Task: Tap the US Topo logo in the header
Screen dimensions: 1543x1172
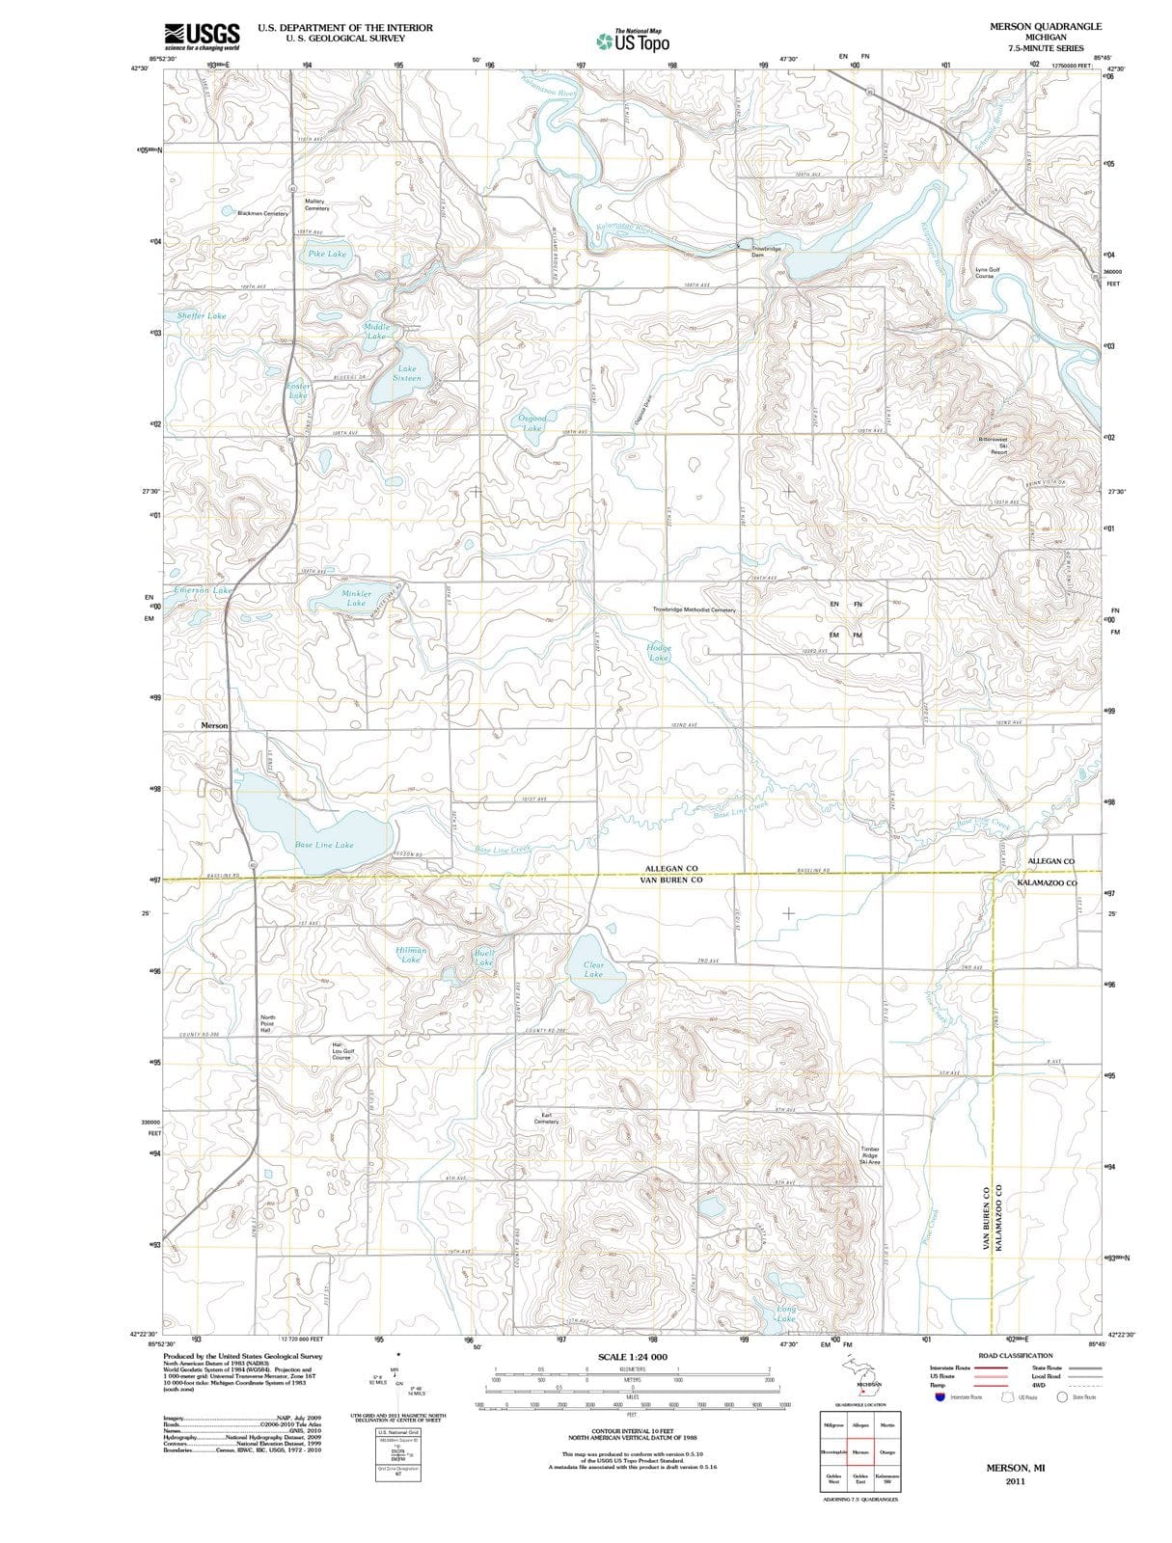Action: coord(633,41)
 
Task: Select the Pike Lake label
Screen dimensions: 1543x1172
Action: coord(327,255)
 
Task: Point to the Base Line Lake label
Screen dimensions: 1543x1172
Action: coord(324,845)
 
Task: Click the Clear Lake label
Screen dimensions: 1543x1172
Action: coord(594,969)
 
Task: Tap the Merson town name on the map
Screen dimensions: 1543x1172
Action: coord(214,725)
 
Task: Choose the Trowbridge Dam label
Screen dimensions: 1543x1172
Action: coord(766,252)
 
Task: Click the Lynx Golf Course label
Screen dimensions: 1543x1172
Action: coord(988,273)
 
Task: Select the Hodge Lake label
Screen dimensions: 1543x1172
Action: coord(659,653)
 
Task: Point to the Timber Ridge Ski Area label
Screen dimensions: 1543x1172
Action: coord(870,1155)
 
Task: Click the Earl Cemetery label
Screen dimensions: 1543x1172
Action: coord(546,1119)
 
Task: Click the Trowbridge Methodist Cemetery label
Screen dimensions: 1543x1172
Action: coord(694,609)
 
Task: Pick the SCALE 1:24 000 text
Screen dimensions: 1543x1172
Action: coord(632,1357)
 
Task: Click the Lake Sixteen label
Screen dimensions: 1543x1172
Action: coord(407,373)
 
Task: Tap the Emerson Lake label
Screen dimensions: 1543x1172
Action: coord(204,589)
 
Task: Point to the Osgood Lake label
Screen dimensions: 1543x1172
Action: coord(532,422)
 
